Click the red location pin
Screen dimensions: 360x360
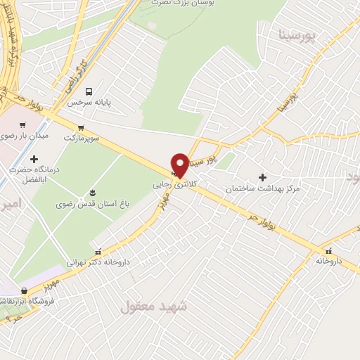coord(180,164)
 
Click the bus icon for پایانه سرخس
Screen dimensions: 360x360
coord(89,91)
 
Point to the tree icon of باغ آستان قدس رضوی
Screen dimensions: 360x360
coord(91,193)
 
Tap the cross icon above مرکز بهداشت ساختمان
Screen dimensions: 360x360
coord(263,177)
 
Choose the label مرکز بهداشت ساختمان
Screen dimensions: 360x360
coord(263,189)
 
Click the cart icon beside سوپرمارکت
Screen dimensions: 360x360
coord(82,127)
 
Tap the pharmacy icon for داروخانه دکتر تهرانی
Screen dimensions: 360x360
coord(98,250)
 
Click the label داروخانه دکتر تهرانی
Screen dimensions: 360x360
coord(98,262)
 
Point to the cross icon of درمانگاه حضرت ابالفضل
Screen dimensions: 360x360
coord(34,160)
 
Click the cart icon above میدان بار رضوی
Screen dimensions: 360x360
coord(23,124)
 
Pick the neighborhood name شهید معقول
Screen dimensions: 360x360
coord(153,306)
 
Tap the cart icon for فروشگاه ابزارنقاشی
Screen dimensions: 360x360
coord(25,290)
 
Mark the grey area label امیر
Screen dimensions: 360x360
coord(11,204)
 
